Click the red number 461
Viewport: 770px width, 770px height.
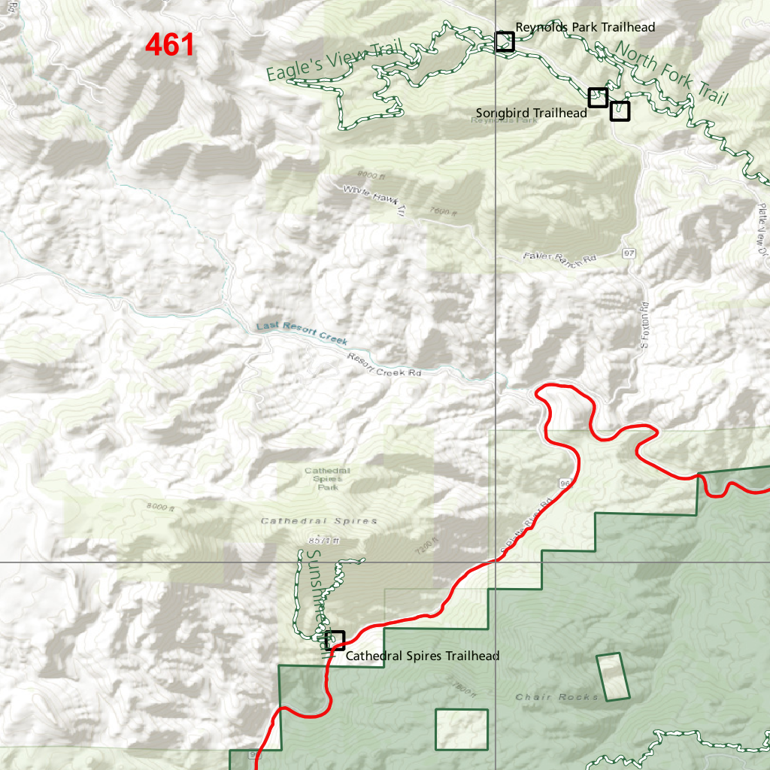pyautogui.click(x=170, y=45)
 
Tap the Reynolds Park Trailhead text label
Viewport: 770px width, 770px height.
pyautogui.click(x=585, y=27)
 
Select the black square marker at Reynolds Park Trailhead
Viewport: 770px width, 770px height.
pyautogui.click(x=505, y=41)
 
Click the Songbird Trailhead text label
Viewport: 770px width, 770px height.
pyautogui.click(x=531, y=113)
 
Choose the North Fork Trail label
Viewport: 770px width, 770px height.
pyautogui.click(x=671, y=74)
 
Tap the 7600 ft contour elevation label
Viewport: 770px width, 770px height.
pyautogui.click(x=444, y=213)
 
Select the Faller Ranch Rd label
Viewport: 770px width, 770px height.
pyautogui.click(x=559, y=257)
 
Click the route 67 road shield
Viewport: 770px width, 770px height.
pyautogui.click(x=629, y=253)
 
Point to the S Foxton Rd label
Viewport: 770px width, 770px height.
pyautogui.click(x=644, y=326)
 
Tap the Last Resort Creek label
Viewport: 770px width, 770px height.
pyautogui.click(x=302, y=333)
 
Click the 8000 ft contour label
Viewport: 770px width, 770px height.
pyautogui.click(x=161, y=508)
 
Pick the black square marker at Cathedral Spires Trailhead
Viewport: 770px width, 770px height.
pyautogui.click(x=335, y=641)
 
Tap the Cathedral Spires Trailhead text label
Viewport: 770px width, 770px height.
pyautogui.click(x=423, y=656)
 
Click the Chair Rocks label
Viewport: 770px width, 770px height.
pyautogui.click(x=557, y=697)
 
